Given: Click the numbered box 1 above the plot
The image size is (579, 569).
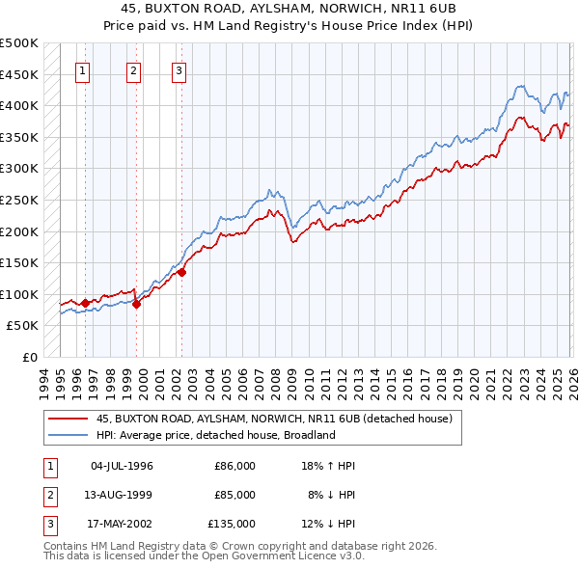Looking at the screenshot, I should pos(83,69).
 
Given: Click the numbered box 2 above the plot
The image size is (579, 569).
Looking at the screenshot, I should pos(133,69).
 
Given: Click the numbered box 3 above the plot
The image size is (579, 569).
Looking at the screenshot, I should pos(179,69).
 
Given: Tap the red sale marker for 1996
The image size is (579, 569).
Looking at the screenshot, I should pos(85,303).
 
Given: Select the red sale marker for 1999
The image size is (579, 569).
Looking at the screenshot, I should pos(136,304).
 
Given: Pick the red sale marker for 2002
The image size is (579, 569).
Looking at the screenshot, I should pos(181,272).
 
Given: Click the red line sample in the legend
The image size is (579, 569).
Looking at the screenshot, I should pos(68,419).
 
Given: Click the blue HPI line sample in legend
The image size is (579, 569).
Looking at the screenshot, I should pos(68,435).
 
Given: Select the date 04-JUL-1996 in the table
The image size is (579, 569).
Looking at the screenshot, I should pos(122,466).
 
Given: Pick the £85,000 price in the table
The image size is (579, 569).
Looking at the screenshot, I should pos(234,495).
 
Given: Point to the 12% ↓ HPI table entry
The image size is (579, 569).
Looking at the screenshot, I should pos(328,524).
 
